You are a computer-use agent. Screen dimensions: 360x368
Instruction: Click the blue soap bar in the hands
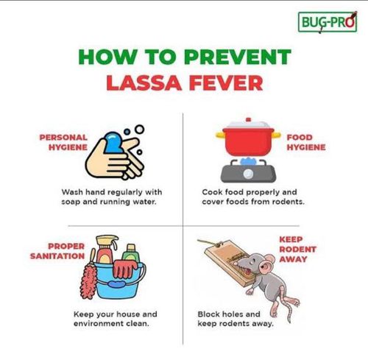coord(115,141)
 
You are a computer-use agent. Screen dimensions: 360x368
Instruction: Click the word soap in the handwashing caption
coord(72,202)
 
